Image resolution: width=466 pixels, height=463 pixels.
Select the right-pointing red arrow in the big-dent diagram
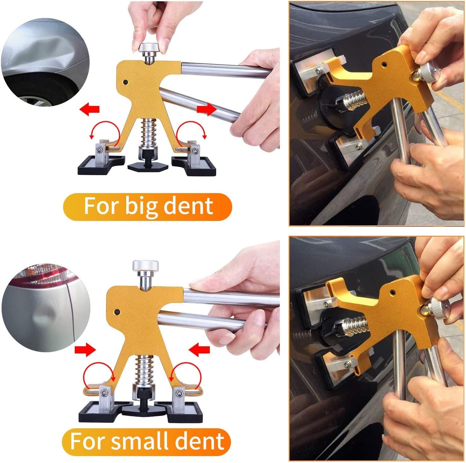[x=207, y=109]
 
